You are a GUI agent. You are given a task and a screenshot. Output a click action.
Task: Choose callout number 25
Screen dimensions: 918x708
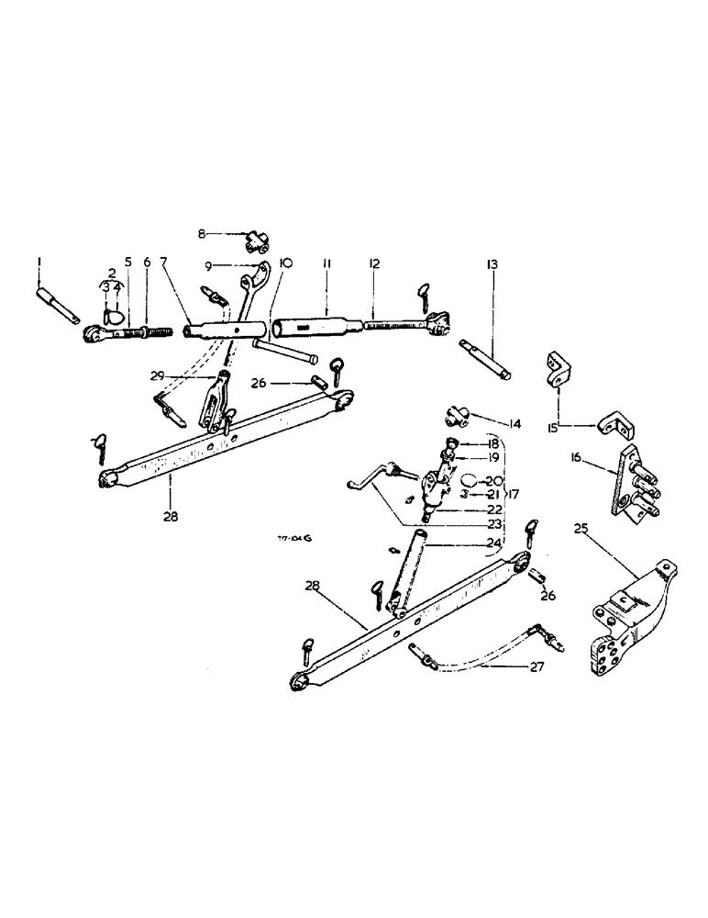click(581, 529)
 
